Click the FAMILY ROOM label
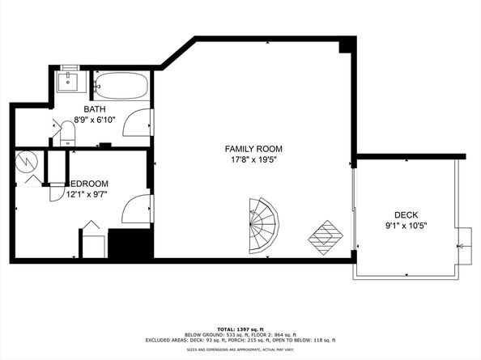point(253,148)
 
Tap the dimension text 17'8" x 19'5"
point(253,159)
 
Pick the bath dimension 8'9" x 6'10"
point(96,119)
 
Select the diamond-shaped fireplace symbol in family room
point(325,235)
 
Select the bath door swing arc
point(138,121)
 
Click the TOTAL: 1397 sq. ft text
point(240,327)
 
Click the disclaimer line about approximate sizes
point(240,350)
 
